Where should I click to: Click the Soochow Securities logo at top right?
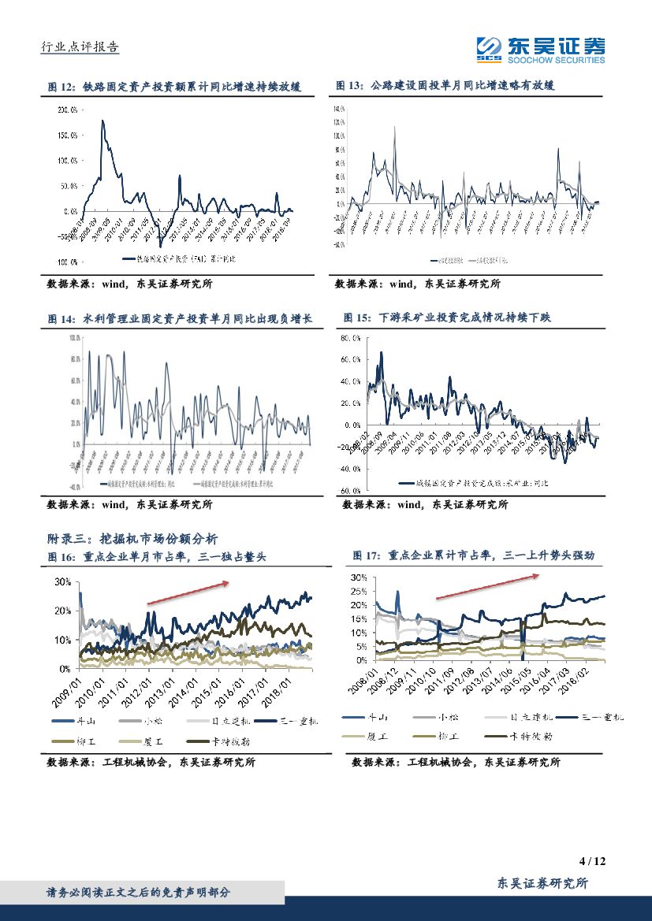coord(541,50)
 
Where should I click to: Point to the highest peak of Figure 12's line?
coord(102,121)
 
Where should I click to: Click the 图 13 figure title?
coord(445,86)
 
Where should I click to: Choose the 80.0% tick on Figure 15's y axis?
coord(350,338)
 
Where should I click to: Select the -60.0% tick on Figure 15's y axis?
coord(349,490)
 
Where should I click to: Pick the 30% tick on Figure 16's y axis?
coord(62,581)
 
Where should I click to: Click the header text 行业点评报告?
coord(79,47)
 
